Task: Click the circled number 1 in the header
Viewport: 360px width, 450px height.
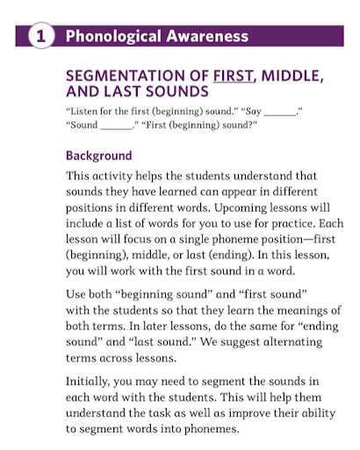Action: [40, 37]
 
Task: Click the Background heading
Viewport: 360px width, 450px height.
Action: [99, 156]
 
